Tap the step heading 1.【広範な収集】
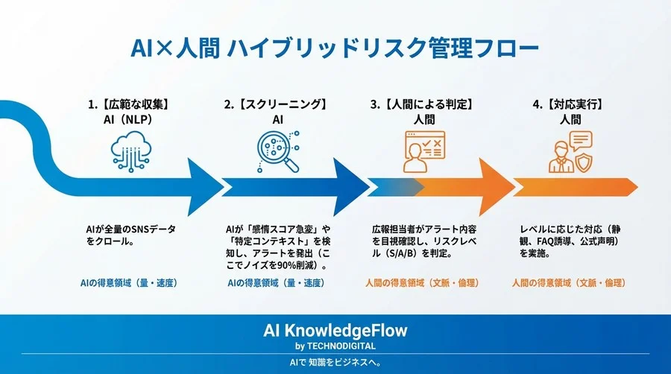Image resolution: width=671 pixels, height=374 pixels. click(x=132, y=105)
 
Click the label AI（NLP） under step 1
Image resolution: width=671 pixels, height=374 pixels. click(x=132, y=119)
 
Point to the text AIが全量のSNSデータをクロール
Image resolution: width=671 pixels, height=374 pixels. click(x=131, y=235)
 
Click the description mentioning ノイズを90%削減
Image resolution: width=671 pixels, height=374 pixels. click(x=277, y=247)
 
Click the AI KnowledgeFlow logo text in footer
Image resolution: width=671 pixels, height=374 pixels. click(x=335, y=330)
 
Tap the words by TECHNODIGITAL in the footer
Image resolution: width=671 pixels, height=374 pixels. click(x=335, y=346)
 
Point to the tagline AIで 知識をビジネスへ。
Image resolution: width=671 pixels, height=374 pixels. click(x=335, y=363)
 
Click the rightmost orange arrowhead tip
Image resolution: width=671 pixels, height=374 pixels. click(x=636, y=186)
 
